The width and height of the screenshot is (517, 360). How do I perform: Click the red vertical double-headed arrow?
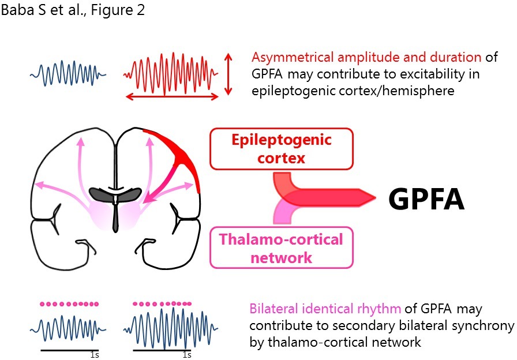(229, 73)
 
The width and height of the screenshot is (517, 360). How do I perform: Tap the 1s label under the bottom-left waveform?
(95, 355)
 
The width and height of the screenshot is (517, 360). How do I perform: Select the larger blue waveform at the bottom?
(171, 328)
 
